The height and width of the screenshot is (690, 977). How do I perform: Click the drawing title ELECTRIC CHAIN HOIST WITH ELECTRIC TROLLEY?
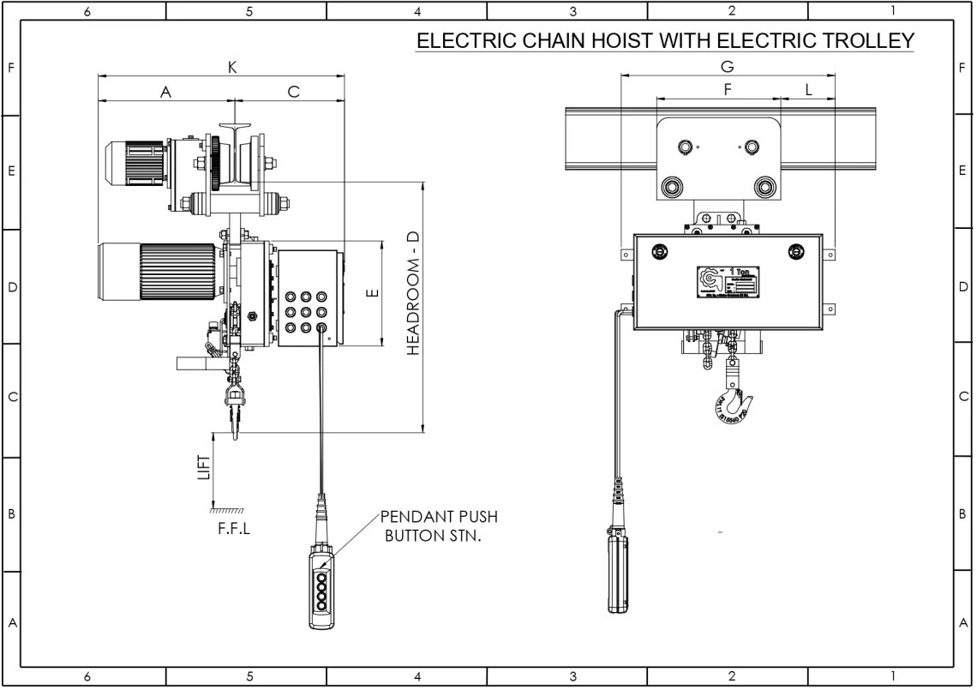664,40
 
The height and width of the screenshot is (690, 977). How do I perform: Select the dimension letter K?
232,68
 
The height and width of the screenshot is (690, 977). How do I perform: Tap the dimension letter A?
166,93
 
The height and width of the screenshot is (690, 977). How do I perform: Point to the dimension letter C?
293,93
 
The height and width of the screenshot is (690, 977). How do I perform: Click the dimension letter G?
728,67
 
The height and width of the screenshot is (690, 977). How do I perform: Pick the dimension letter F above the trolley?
727,90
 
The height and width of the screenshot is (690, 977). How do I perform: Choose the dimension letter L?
808,90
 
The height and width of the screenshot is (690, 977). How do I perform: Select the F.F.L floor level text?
234,528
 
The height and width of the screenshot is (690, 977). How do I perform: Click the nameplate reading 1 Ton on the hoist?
728,284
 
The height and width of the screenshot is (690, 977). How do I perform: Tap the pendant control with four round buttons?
321,591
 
